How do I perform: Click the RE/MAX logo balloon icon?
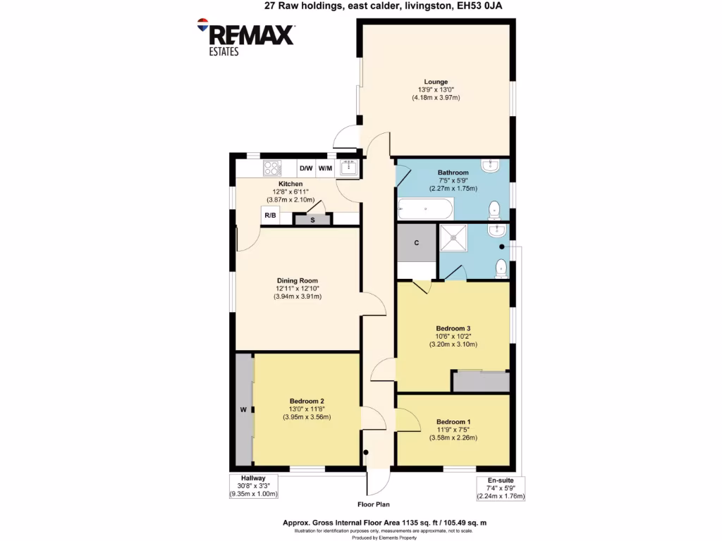(203, 24)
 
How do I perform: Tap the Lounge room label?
(436, 82)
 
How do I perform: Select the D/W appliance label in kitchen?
(306, 168)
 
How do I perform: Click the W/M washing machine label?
(324, 168)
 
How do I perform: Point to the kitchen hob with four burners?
(272, 168)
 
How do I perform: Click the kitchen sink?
(348, 168)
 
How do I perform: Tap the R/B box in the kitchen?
(270, 216)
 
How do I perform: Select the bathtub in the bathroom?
(426, 209)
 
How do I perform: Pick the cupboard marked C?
(417, 243)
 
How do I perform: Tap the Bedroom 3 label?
(453, 328)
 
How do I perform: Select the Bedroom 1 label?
(453, 421)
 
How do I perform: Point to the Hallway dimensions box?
(254, 486)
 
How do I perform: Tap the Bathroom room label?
(453, 173)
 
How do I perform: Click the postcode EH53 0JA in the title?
(482, 6)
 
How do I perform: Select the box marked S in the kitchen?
(312, 220)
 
